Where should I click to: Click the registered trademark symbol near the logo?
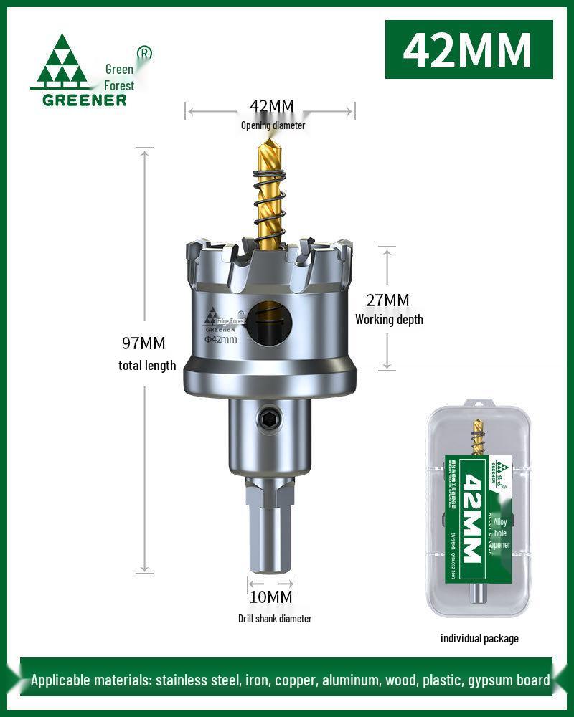(144, 53)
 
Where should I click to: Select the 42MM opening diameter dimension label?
(271, 107)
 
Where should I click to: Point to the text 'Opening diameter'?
(273, 125)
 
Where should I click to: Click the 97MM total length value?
(143, 343)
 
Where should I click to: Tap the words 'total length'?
(147, 365)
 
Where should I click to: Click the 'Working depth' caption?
(389, 319)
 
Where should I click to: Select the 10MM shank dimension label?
(270, 597)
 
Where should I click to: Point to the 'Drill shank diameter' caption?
(275, 618)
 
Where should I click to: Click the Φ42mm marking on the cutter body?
(220, 339)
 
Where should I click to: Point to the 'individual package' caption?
(479, 638)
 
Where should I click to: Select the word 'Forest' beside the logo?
(119, 85)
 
